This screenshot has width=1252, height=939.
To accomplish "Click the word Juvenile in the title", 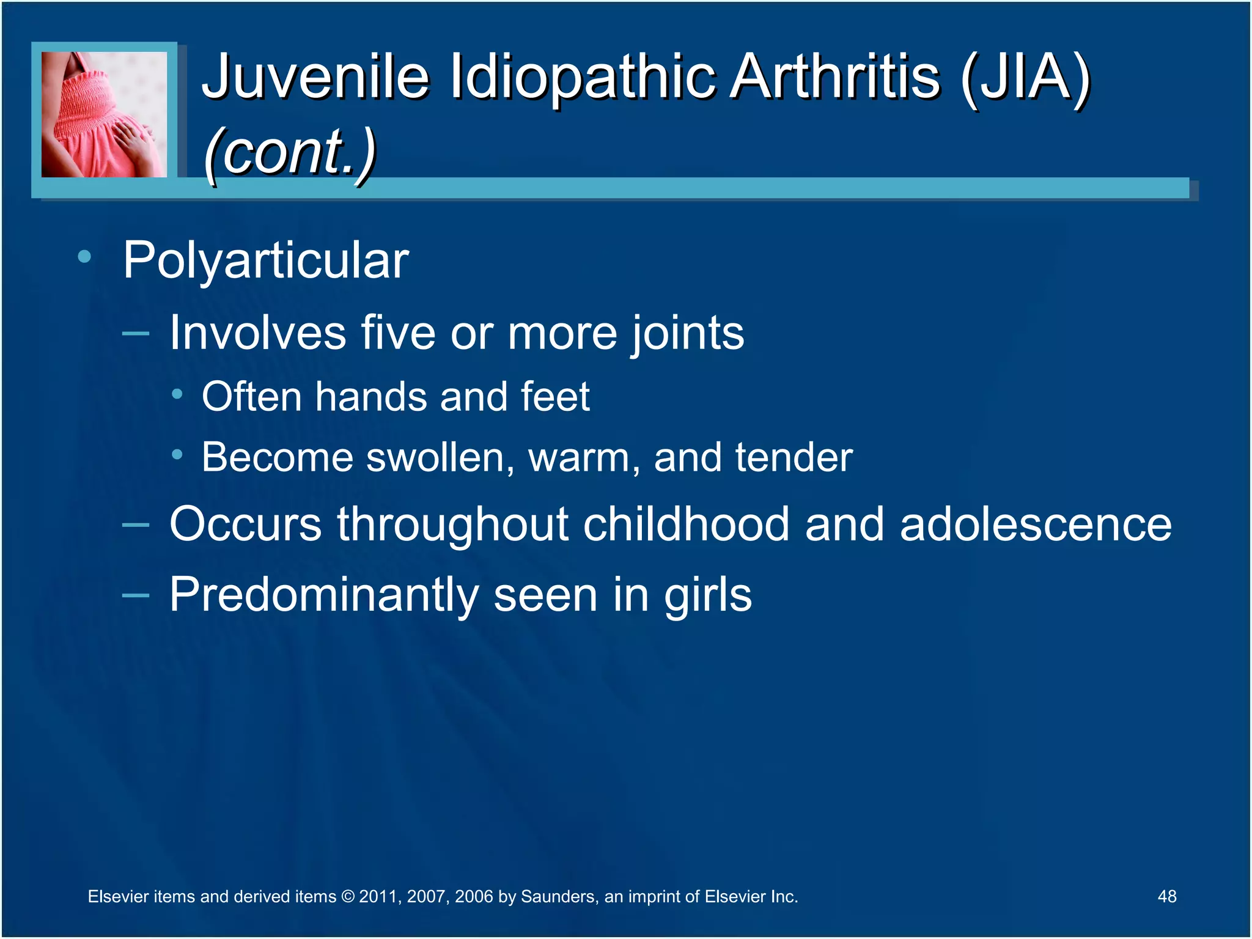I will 315,76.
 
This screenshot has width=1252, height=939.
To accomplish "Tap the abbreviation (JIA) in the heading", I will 1025,76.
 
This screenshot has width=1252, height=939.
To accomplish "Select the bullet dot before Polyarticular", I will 84,257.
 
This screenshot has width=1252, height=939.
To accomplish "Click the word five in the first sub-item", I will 398,333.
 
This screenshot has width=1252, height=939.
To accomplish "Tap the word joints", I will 687,333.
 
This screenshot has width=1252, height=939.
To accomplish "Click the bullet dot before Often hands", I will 177,394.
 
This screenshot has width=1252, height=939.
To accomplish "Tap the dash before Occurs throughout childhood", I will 135,525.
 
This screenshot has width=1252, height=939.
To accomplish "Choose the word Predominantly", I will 323,595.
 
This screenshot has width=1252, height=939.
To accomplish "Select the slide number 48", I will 1166,896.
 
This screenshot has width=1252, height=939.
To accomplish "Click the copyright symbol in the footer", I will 347,897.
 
